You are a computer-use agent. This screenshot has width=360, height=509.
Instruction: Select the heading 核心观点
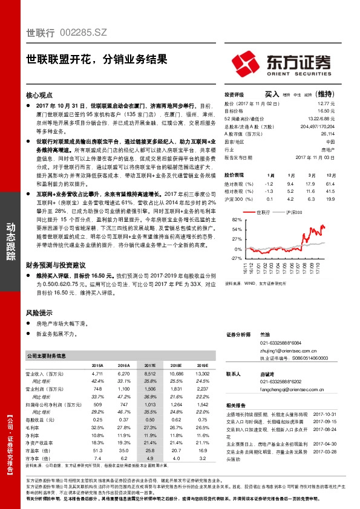tap(41, 95)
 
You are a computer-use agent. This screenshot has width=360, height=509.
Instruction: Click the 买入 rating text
tap(272, 94)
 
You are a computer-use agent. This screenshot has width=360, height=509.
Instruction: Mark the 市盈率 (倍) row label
tap(38, 450)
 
